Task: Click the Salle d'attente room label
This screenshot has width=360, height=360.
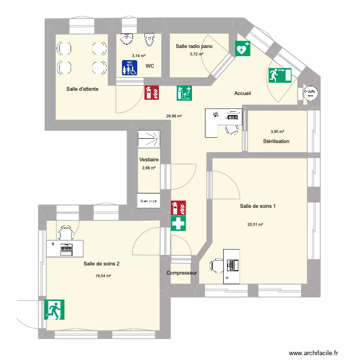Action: (x=83, y=89)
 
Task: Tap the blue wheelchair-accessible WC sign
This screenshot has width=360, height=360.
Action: (x=129, y=68)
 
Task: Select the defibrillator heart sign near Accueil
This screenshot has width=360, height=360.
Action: (x=242, y=48)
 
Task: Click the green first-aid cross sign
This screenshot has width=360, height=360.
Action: (x=179, y=223)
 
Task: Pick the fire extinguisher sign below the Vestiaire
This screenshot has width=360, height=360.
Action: (x=179, y=207)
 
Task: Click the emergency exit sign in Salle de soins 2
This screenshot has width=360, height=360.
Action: (x=55, y=310)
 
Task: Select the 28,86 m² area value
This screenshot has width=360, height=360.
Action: (x=174, y=116)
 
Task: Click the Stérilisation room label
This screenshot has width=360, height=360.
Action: (x=276, y=141)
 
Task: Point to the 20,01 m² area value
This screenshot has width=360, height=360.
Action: (x=255, y=224)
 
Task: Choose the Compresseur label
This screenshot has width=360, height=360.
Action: (x=182, y=273)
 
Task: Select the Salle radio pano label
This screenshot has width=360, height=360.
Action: (x=194, y=46)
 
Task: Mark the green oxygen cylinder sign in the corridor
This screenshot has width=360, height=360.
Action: (x=184, y=93)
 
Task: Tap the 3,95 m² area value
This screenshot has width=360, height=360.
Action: (x=277, y=132)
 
